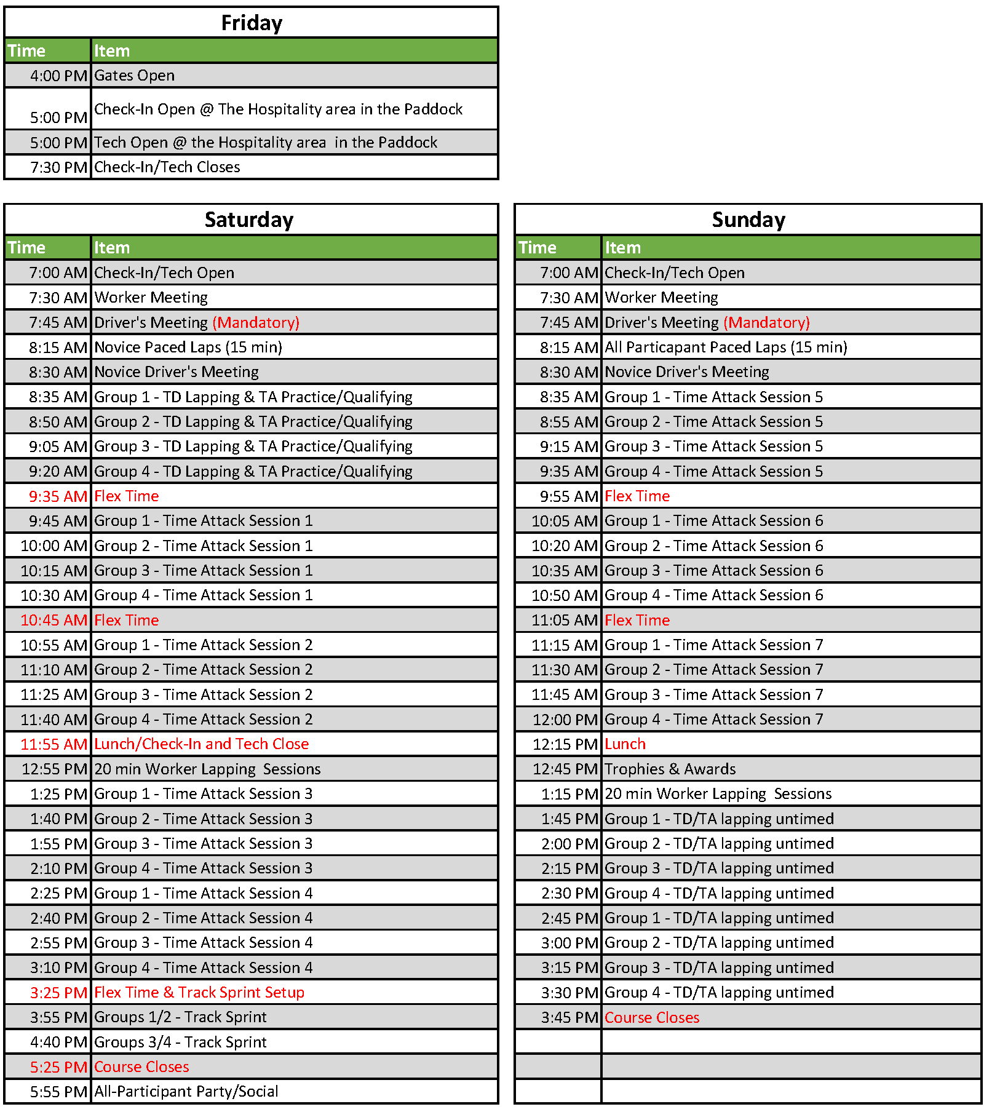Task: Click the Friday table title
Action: coord(252,23)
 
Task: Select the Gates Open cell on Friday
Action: coord(135,76)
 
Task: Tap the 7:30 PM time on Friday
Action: coord(59,167)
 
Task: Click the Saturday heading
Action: coord(249,220)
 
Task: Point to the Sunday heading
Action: coord(748,220)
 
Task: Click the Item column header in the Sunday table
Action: coord(623,248)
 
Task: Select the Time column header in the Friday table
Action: coord(26,51)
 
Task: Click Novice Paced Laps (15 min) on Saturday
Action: coord(188,347)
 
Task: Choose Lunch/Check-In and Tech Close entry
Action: coord(201,744)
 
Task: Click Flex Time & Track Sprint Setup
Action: coord(199,993)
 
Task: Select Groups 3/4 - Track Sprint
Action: coord(180,1042)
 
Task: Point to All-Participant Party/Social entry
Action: coord(186,1092)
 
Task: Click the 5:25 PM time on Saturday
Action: coord(59,1067)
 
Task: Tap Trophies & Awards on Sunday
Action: coord(670,769)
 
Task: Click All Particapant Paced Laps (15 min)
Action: coord(726,347)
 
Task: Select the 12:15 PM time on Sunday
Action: coord(565,745)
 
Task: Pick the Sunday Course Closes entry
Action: coord(652,1018)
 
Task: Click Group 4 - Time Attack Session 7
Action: coord(713,720)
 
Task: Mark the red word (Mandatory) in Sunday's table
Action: coord(767,323)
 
